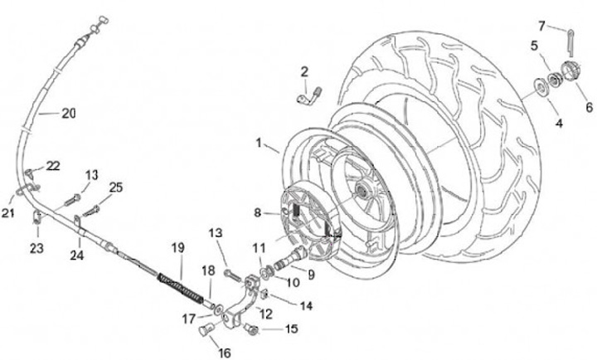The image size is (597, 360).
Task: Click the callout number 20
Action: tap(68, 114)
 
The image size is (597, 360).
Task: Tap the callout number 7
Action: tap(565, 25)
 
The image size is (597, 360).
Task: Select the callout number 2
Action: tap(304, 71)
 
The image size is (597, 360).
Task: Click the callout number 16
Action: tap(223, 352)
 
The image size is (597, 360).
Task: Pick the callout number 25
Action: tap(116, 187)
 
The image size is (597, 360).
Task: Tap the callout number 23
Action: tap(36, 247)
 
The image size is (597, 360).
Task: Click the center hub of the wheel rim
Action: tap(362, 192)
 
